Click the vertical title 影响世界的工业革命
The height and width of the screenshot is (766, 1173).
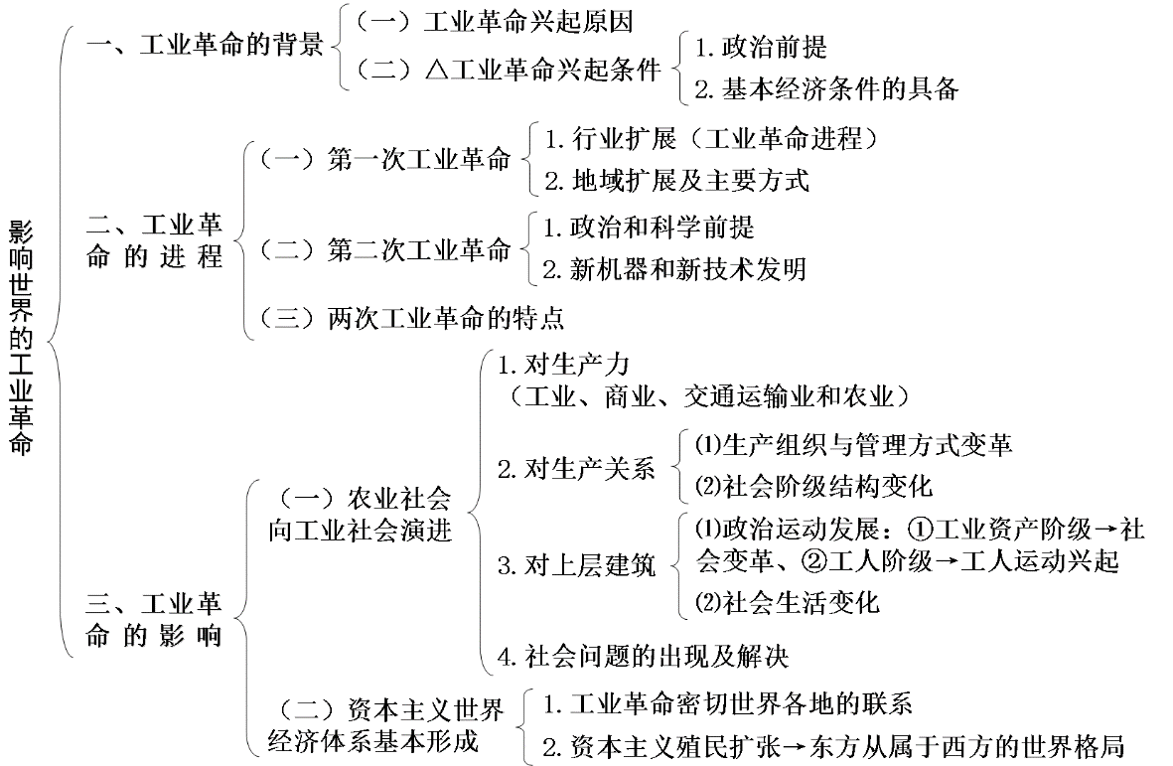point(22,338)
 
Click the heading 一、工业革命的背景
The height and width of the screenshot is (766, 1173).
point(207,46)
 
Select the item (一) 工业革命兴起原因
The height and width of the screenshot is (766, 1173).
point(494,21)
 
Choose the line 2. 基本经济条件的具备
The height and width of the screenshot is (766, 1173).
point(826,89)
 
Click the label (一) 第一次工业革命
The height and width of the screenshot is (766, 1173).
point(384,159)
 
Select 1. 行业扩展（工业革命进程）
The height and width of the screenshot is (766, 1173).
point(712,138)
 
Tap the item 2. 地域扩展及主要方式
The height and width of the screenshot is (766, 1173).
point(676,180)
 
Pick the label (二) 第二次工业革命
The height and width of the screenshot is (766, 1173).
point(384,248)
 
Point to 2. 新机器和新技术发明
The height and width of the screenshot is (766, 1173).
point(674,268)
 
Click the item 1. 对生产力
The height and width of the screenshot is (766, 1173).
point(563,366)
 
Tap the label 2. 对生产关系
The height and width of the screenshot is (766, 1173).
point(576,468)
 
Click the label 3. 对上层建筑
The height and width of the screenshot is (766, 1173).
point(576,566)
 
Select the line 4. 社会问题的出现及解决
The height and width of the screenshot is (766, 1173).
point(644,656)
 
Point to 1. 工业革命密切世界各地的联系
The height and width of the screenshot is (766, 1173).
point(727,704)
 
